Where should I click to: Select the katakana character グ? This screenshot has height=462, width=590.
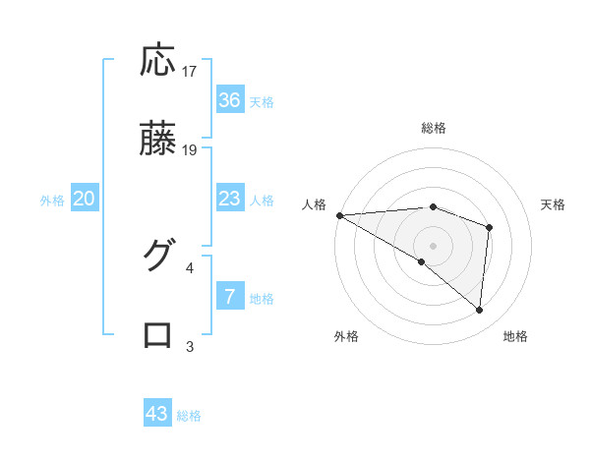point(158,256)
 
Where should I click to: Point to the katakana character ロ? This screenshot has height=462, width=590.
point(158,334)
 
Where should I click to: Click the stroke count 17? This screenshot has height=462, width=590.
point(190,72)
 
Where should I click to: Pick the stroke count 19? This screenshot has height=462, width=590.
point(190,150)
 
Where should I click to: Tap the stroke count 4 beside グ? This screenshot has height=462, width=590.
point(190,266)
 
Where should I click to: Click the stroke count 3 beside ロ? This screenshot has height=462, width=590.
point(190,345)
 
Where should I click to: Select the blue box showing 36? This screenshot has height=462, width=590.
point(229,100)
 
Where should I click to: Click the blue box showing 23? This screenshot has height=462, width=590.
point(229,199)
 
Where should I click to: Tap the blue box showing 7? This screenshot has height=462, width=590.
point(229,297)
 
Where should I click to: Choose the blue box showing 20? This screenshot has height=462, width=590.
point(85,199)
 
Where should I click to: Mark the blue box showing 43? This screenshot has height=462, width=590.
point(157,414)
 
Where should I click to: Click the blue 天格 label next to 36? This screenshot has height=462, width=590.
point(262,102)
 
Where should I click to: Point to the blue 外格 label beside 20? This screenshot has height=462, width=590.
point(52,201)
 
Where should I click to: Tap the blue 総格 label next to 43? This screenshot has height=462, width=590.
point(190,416)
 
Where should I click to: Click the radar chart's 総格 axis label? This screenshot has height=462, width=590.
point(433,128)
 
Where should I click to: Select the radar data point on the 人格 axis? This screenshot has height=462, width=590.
point(339,215)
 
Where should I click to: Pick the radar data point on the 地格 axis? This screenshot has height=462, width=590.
point(479,310)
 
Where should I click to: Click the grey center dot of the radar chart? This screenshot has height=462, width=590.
point(433,244)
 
